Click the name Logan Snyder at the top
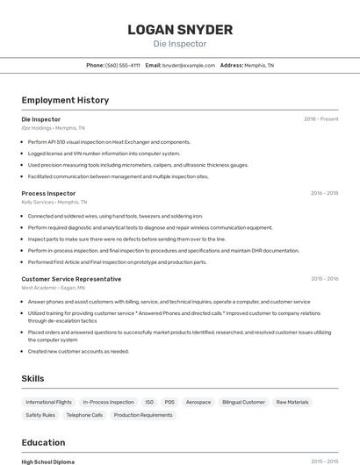pyautogui.click(x=180, y=29)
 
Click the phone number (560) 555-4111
pyautogui.click(x=122, y=65)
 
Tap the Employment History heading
pyautogui.click(x=65, y=100)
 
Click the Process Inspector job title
pyautogui.click(x=48, y=193)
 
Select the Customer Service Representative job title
pyautogui.click(x=71, y=279)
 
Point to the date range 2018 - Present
pyautogui.click(x=320, y=119)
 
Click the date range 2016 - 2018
pyautogui.click(x=324, y=193)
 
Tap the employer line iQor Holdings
pyautogui.click(x=54, y=128)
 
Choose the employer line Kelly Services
pyautogui.click(x=54, y=202)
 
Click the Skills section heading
pyautogui.click(x=32, y=378)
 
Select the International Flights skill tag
pyautogui.click(x=49, y=402)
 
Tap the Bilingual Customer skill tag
pyautogui.click(x=243, y=402)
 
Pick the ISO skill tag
pyautogui.click(x=149, y=402)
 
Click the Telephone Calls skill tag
pyautogui.click(x=84, y=415)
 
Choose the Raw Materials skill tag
pyautogui.click(x=292, y=402)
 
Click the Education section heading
pyautogui.click(x=43, y=442)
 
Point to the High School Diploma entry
pyautogui.click(x=48, y=461)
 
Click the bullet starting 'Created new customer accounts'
pyautogui.click(x=78, y=351)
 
